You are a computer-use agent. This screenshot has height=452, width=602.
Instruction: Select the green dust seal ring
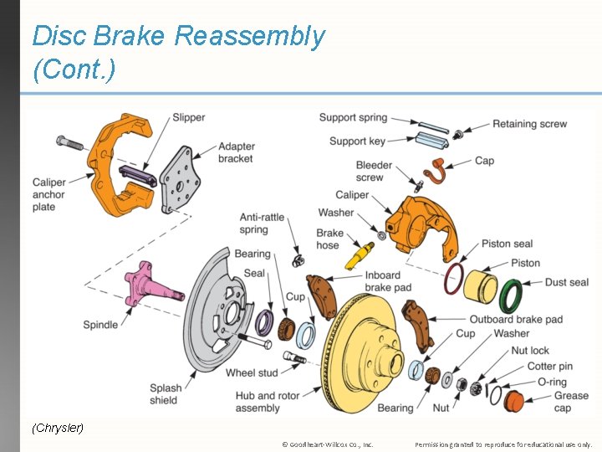point(510,295)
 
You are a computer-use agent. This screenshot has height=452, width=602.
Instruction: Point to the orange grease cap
point(513,400)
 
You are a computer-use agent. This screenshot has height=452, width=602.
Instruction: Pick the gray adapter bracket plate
point(181,180)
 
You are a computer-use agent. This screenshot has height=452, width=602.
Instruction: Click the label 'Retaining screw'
point(529,124)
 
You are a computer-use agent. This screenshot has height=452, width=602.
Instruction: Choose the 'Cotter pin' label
point(550,366)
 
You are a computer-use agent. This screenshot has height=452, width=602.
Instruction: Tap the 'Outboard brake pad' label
point(515,319)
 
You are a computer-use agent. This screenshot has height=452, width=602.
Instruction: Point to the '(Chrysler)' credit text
point(58,428)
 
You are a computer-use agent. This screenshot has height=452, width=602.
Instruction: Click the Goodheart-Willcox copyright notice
point(328,444)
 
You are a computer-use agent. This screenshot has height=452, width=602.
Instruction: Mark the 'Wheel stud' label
point(252,372)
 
